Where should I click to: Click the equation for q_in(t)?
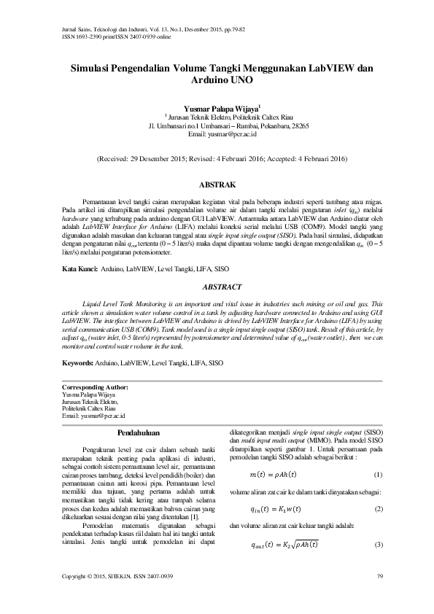pos(275,508)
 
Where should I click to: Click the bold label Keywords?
pos(78,362)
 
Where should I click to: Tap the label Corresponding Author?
pos(95,386)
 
